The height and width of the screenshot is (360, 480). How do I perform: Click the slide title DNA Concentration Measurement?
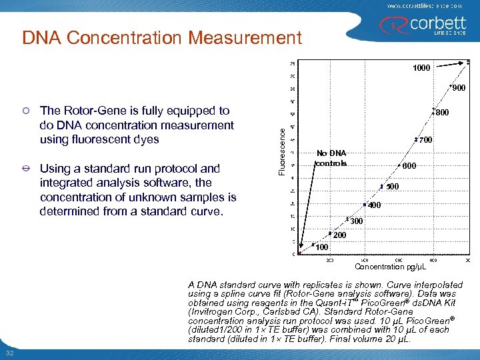click(162, 38)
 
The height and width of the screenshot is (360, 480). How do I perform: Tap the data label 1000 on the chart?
click(421, 68)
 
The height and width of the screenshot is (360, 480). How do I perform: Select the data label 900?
click(459, 88)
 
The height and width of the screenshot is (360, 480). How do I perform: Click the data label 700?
click(427, 140)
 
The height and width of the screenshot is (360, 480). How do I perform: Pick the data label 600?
click(409, 166)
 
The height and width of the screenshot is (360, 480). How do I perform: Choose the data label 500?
click(393, 187)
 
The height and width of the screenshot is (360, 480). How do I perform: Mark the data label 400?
click(375, 205)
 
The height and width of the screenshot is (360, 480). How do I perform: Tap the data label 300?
click(357, 221)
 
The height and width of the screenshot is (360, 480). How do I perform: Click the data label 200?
click(339, 235)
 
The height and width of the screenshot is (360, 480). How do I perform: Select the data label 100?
click(321, 247)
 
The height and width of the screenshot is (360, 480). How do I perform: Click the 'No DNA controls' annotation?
click(331, 157)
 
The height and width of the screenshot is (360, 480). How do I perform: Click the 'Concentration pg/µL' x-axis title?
click(390, 267)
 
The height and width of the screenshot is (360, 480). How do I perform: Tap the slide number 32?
click(9, 353)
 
